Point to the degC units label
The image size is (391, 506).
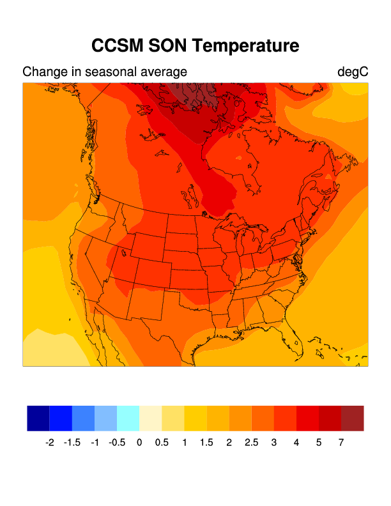(353, 72)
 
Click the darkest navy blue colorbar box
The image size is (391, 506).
(38, 418)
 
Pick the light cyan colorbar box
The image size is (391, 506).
(128, 418)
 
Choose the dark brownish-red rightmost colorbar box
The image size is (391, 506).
(352, 418)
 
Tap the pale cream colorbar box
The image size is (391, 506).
(150, 418)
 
